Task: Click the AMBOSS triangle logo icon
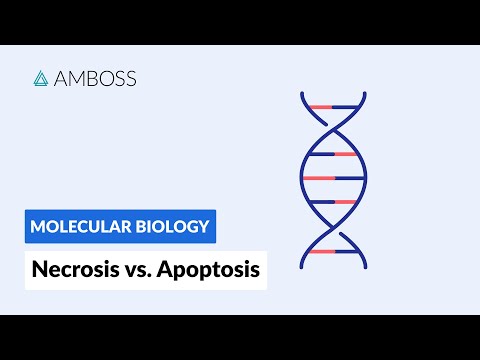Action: (41, 78)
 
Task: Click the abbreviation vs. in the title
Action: (139, 269)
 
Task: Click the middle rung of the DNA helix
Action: (332, 178)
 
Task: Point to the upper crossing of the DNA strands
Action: (332, 129)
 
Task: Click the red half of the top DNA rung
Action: (319, 106)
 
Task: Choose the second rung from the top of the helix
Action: (332, 154)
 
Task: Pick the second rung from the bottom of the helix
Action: (332, 202)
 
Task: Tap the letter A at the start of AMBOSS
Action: (62, 78)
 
